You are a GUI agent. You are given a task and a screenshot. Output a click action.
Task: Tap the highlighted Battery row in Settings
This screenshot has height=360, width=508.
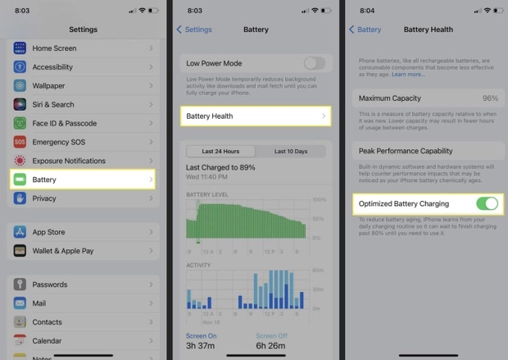coord(82,180)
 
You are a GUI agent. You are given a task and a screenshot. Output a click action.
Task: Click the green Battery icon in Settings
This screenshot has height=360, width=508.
coord(20,180)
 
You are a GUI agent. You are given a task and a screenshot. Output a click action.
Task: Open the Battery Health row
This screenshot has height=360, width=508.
coord(256,116)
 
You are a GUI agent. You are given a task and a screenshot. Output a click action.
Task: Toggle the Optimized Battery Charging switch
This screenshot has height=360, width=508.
coord(486,203)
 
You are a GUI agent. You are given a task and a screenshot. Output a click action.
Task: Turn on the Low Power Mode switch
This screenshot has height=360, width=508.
coord(314,63)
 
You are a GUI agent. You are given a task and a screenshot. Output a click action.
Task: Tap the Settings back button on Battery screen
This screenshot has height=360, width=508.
coord(194,30)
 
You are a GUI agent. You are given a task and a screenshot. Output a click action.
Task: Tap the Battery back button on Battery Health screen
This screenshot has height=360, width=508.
coord(365,30)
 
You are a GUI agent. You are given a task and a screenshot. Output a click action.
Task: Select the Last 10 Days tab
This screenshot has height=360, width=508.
coord(291,152)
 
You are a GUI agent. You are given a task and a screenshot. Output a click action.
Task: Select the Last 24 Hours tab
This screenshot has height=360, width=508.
coord(220,152)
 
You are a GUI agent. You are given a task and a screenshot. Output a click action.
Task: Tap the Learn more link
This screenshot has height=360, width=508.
coord(408,75)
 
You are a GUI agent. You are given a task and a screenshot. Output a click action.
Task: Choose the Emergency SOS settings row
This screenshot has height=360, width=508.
coord(82,142)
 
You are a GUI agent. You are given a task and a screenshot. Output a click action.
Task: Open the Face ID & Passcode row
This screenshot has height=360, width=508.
coord(82,123)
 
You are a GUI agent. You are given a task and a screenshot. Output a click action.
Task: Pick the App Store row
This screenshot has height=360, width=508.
coord(82,231)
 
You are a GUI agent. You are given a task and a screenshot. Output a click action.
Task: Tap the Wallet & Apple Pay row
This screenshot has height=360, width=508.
coord(82,250)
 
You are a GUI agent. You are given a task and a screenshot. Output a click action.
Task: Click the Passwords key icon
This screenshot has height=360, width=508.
coord(20,285)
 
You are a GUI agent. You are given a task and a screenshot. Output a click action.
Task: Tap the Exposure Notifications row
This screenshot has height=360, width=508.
coord(82,161)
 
